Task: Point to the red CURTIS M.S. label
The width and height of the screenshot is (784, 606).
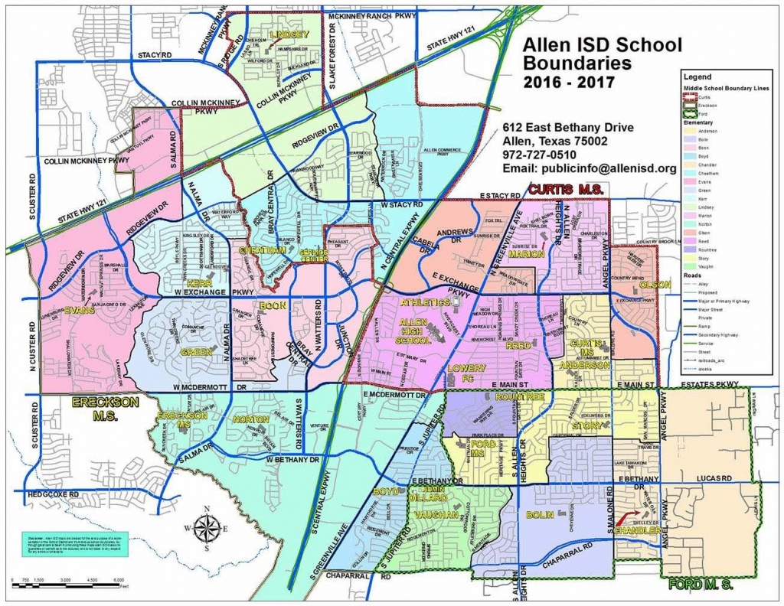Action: (567, 189)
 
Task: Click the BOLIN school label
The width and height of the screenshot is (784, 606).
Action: (540, 515)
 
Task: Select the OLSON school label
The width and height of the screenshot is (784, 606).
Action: (653, 285)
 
